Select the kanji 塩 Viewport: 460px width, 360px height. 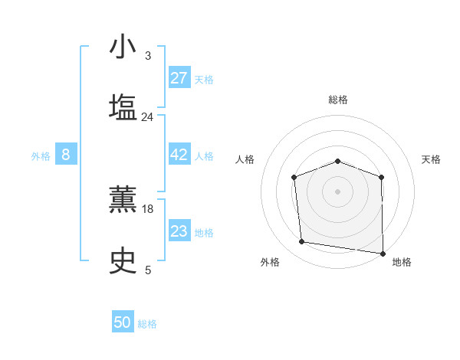pos(123,107)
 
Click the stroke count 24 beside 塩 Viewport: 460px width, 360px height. pos(147,117)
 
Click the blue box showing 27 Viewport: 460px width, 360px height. pos(179,78)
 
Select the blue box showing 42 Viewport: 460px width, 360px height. pos(179,155)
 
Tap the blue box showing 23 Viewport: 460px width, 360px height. pos(179,231)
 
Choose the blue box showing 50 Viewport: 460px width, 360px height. pos(123,322)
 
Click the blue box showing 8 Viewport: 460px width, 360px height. pos(66,155)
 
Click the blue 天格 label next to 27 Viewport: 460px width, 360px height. pos(204,80)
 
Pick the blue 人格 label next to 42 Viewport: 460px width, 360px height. pos(204,156)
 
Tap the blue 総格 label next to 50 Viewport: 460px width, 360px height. pos(147,324)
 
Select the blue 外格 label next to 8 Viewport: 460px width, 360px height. pos(41,156)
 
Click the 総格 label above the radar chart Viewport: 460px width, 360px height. pos(338,100)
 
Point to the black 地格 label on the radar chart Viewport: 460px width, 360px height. pos(402,262)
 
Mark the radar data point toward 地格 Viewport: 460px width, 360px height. pos(383,252)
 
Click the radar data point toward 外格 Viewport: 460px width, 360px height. pos(302,242)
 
